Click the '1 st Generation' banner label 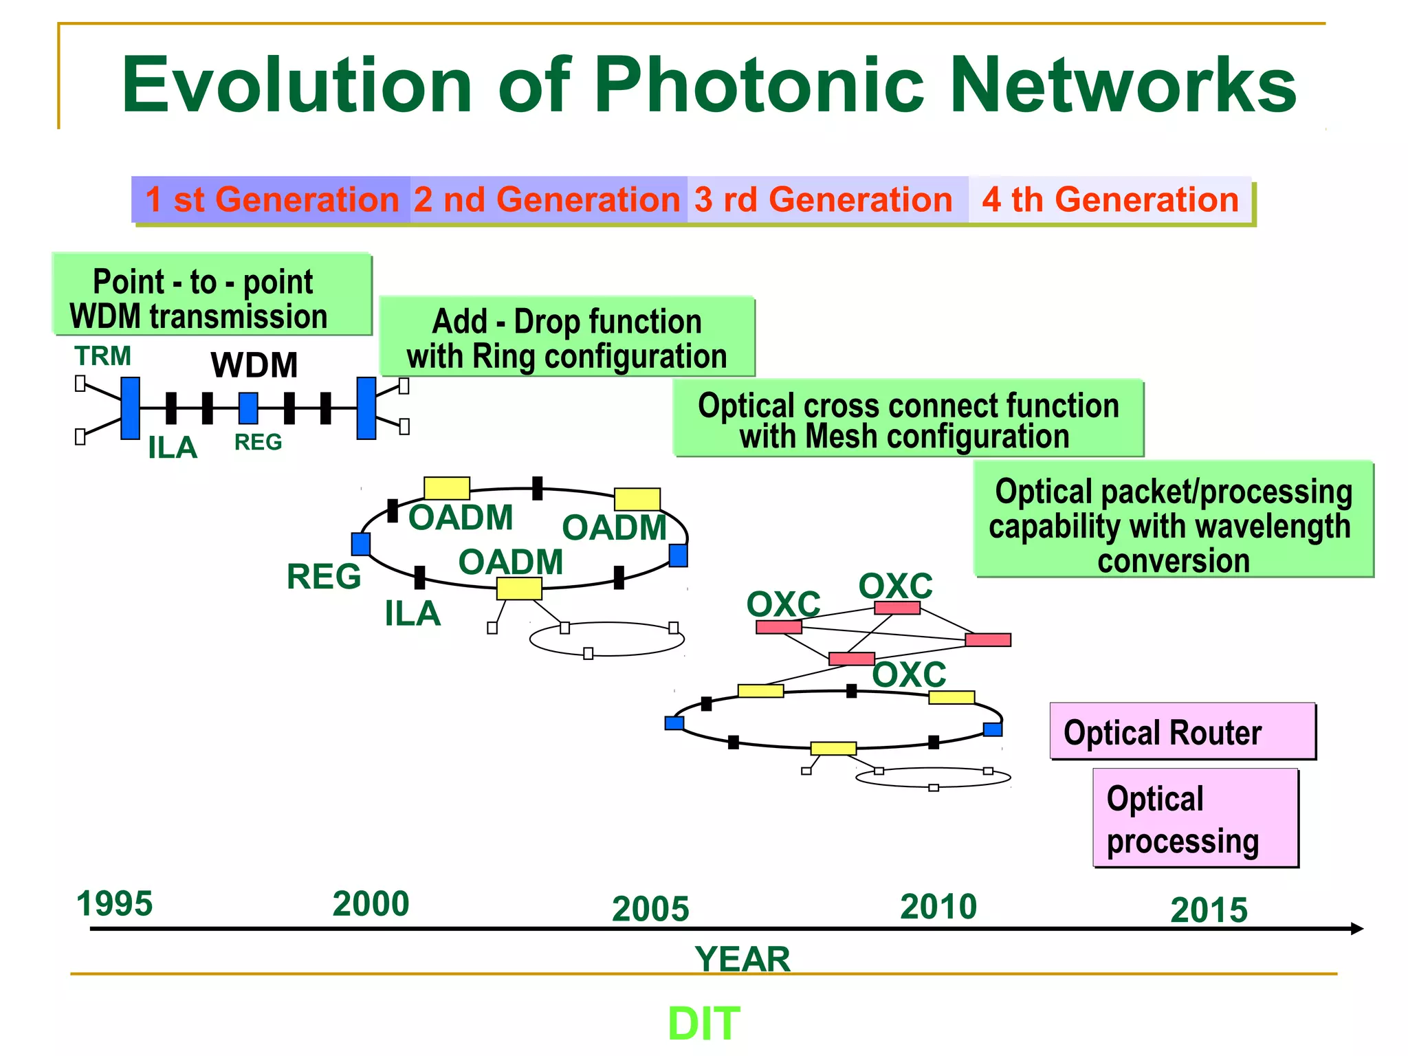[272, 200]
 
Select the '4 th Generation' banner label [1110, 200]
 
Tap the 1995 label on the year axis [114, 903]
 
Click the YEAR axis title [742, 958]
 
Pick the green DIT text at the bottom [703, 1023]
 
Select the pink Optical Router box [1182, 731]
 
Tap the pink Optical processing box [1195, 818]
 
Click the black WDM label [254, 365]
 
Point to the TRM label [102, 356]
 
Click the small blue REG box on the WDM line [248, 408]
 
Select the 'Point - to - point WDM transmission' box [212, 295]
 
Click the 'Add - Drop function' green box [566, 337]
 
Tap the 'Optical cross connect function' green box [907, 418]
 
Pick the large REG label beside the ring [323, 576]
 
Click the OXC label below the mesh [909, 674]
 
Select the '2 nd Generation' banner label [547, 200]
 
